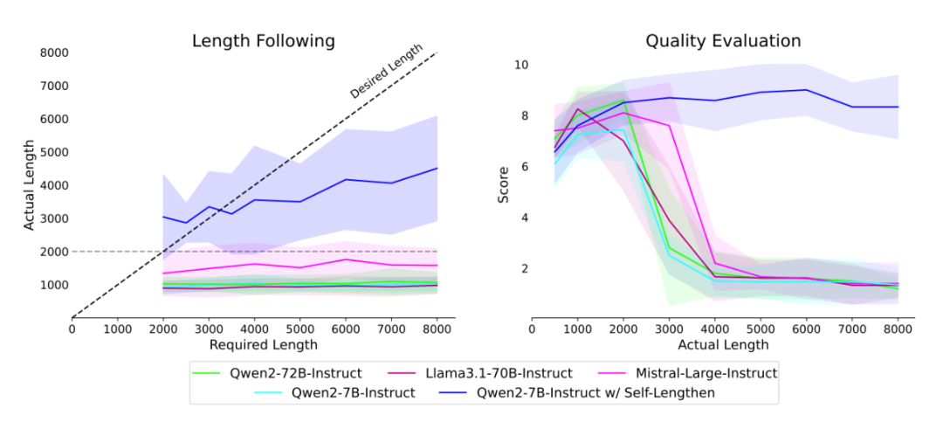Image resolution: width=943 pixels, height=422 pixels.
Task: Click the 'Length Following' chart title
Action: pyautogui.click(x=264, y=41)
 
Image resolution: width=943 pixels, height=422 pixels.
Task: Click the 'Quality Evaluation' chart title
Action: pyautogui.click(x=723, y=41)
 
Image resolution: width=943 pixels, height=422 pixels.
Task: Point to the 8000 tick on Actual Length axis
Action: pyautogui.click(x=54, y=52)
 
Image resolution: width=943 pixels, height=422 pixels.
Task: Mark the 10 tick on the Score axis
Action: pyautogui.click(x=520, y=65)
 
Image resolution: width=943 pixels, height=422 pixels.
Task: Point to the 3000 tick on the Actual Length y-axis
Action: pyautogui.click(x=54, y=218)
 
